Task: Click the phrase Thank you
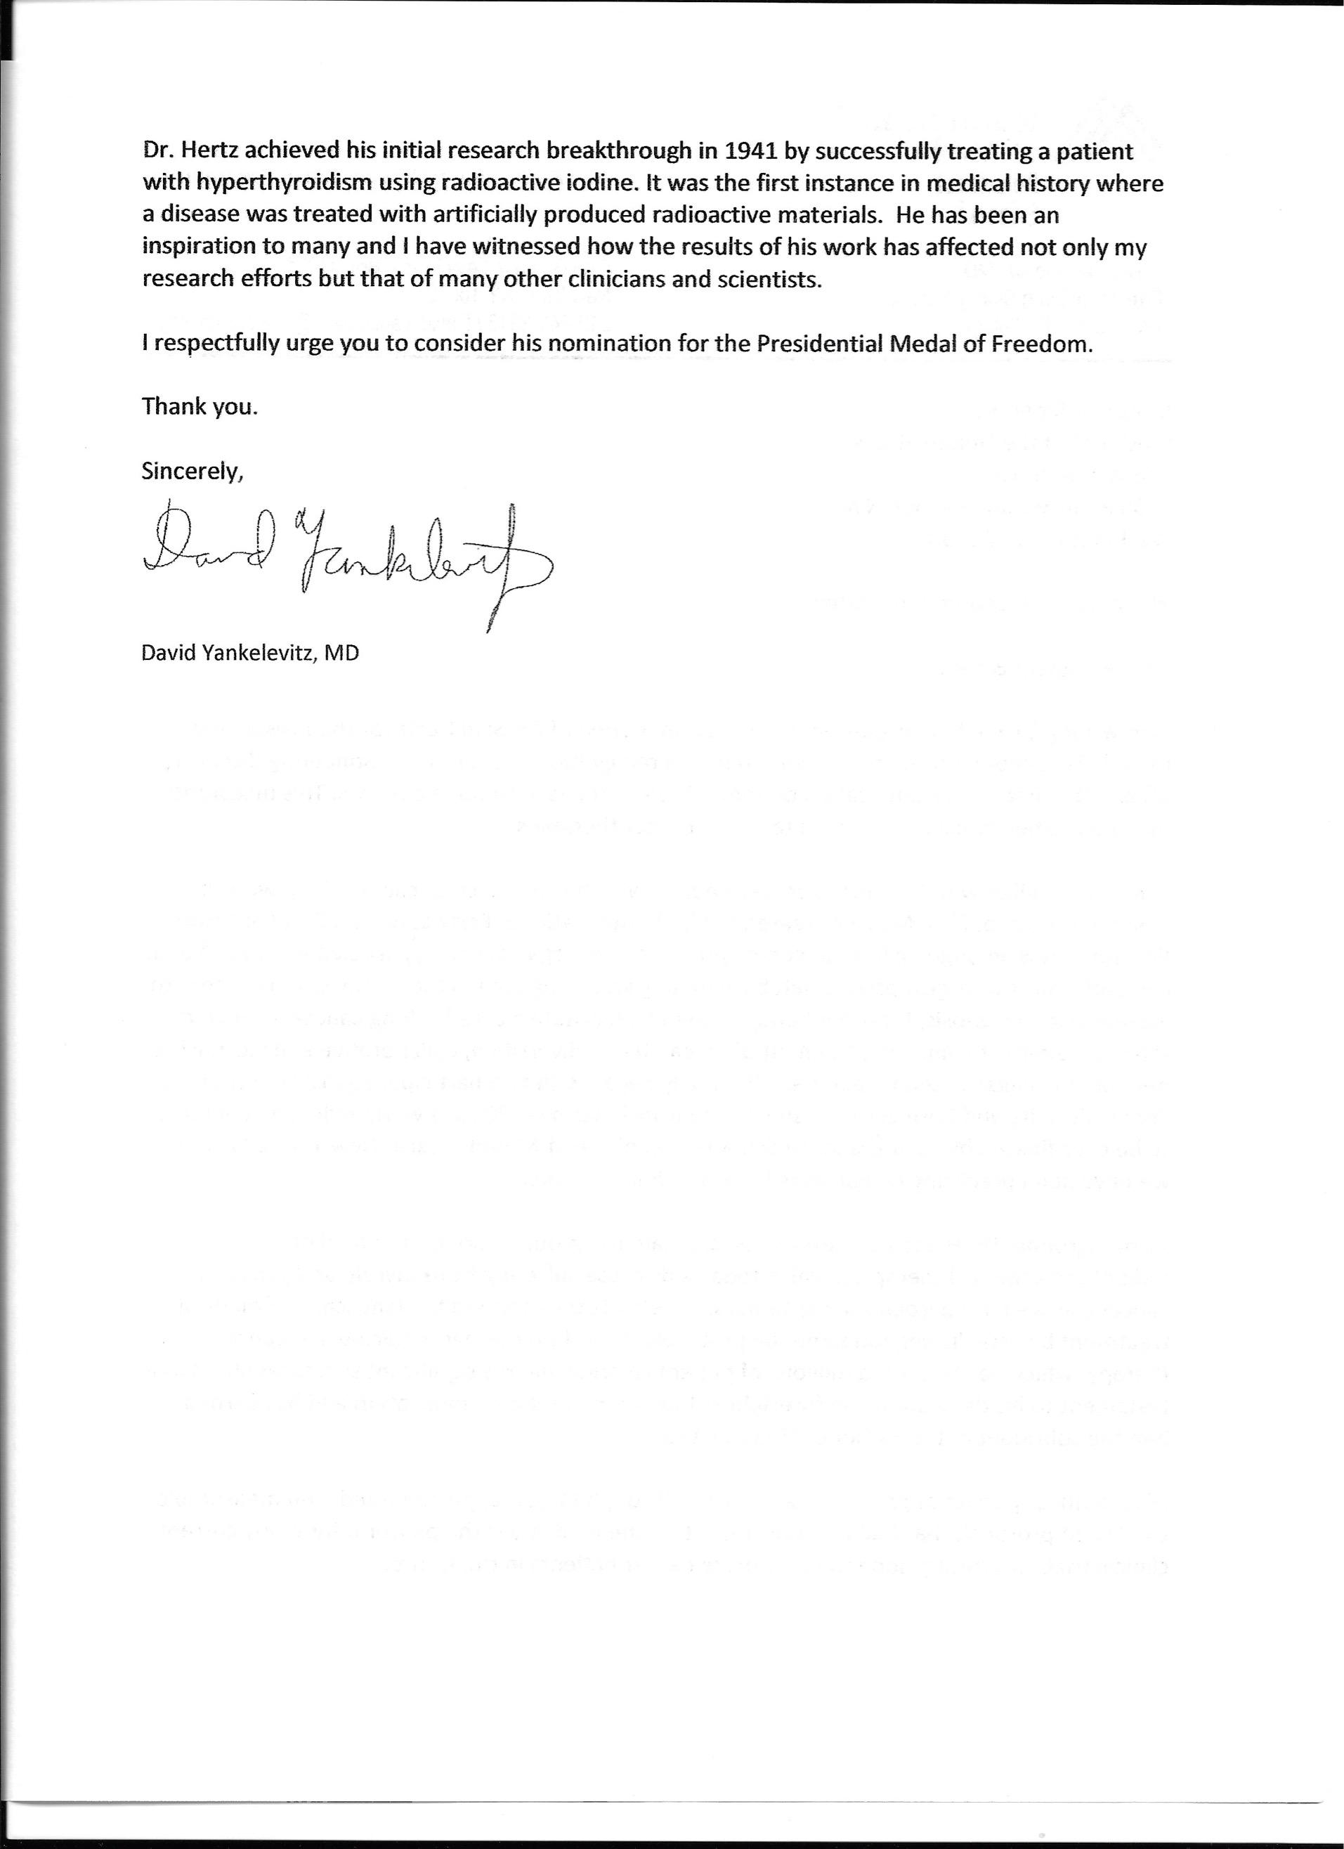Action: click(200, 407)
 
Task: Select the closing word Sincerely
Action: click(193, 472)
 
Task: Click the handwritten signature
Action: click(342, 559)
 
